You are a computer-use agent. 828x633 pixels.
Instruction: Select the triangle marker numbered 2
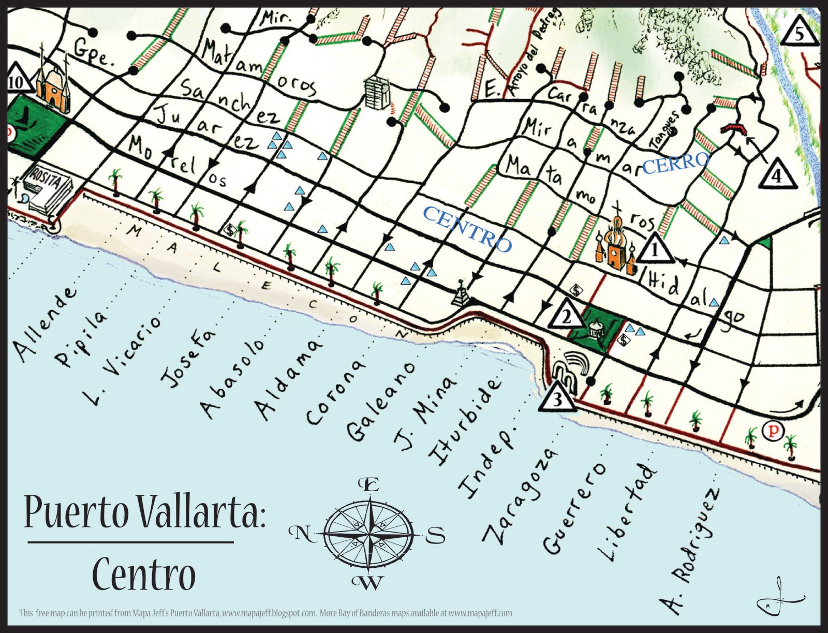[566, 316]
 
